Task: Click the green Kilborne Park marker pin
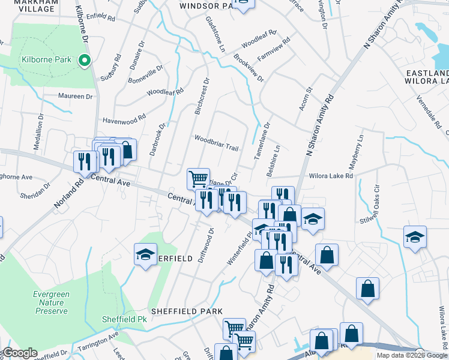85,59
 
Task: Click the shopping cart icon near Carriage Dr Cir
198,178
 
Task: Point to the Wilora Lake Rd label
331,176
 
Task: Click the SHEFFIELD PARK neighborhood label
187,311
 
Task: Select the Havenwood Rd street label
124,118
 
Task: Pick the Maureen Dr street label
75,96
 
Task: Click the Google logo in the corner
19,353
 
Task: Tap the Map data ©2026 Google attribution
412,355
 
